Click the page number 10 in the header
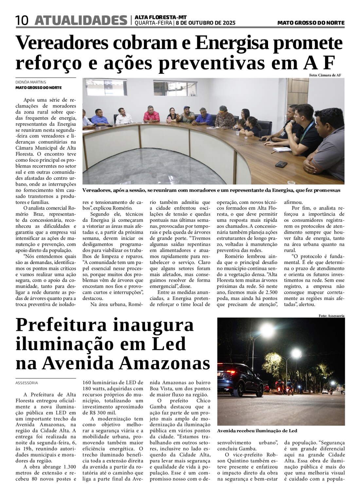point(22,21)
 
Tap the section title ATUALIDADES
point(81,21)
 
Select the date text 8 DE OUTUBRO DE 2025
point(206,23)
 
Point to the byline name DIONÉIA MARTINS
point(31,82)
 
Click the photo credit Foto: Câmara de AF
point(325,75)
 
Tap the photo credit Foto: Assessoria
point(332,316)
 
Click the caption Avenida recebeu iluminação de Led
point(257,431)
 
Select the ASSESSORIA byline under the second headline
point(27,383)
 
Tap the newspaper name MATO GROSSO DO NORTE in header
point(311,23)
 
